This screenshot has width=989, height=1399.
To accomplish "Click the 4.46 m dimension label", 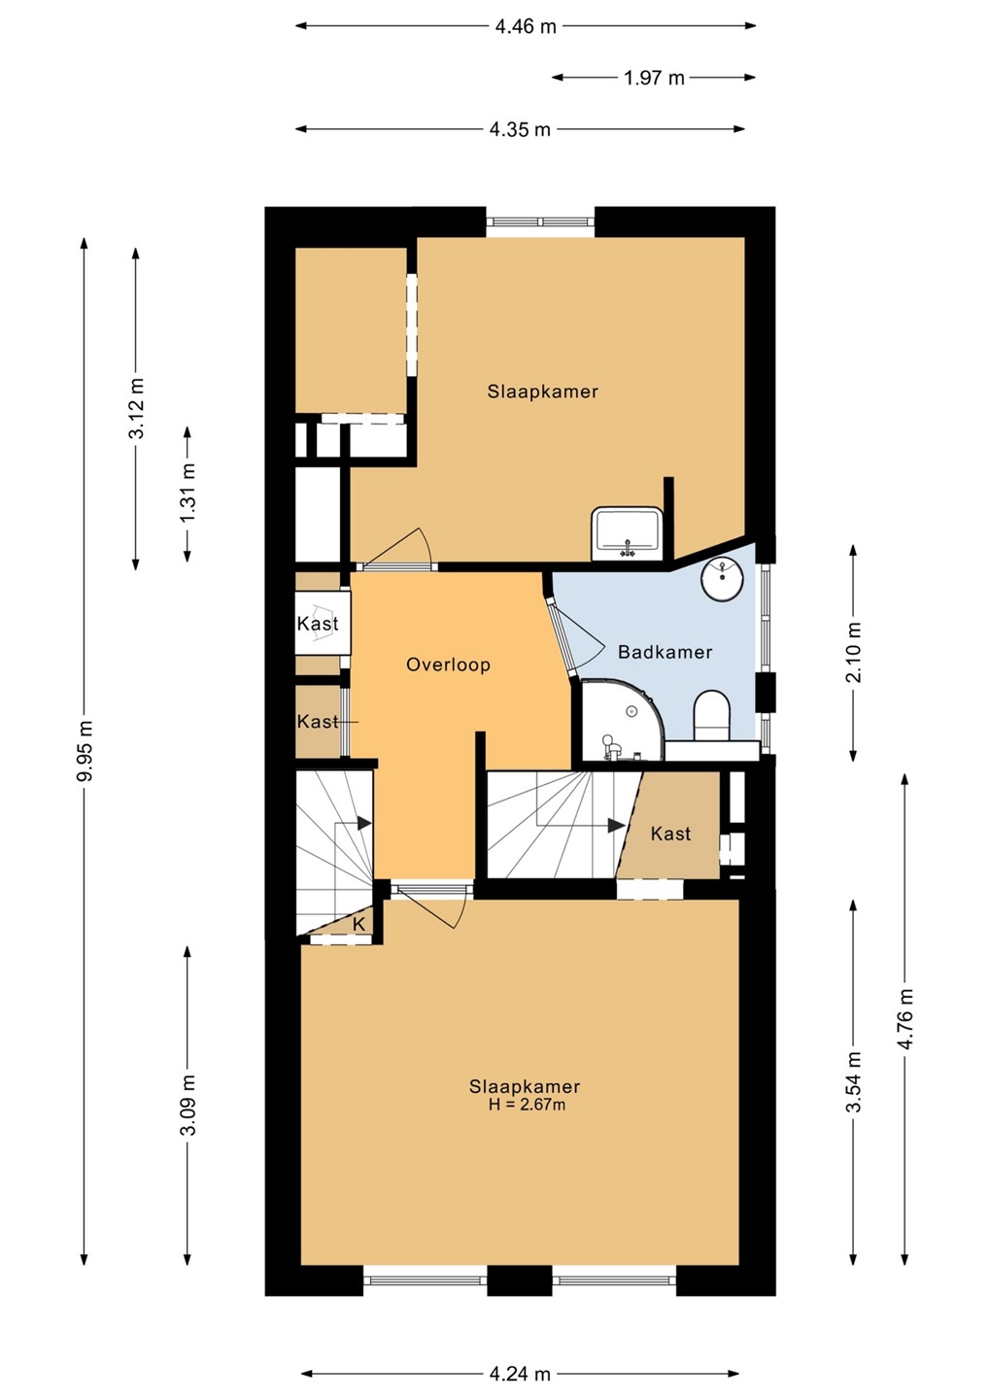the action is tap(525, 27).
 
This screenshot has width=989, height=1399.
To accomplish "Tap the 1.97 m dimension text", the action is tap(654, 78).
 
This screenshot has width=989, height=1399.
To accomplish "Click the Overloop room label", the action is tap(448, 665).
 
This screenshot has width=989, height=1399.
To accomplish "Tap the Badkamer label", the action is tap(665, 652).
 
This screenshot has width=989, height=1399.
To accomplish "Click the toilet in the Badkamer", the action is tap(712, 716).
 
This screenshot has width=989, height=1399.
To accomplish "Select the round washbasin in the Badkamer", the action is tap(723, 579).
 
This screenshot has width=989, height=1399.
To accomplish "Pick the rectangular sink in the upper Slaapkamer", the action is tap(627, 533).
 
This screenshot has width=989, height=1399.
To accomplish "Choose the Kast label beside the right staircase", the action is tap(670, 834).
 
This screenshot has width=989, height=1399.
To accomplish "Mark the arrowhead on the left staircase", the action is tap(364, 823).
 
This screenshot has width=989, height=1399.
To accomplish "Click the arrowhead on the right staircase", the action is tap(617, 825).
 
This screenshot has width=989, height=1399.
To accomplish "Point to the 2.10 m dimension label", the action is tap(854, 652).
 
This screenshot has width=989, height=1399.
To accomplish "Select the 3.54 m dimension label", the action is tap(854, 1082).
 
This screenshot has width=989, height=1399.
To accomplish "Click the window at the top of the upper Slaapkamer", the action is tap(541, 222).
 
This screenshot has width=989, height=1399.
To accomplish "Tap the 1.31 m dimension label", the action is tap(188, 493).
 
